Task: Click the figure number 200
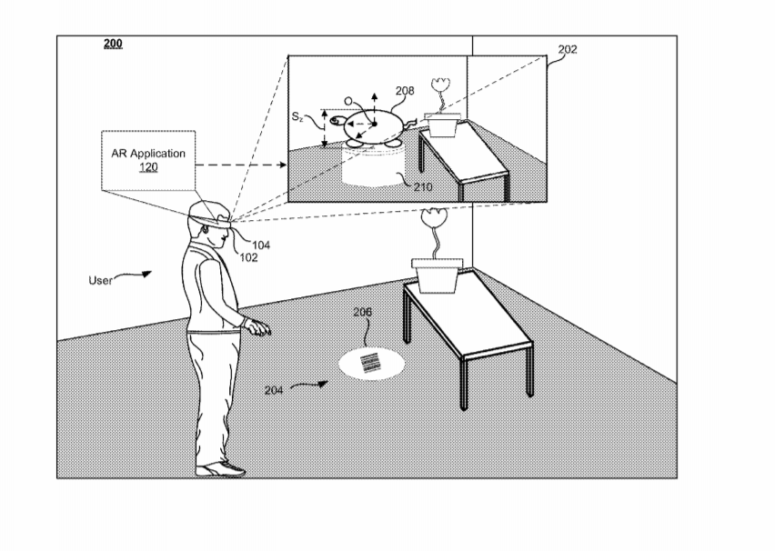tap(113, 44)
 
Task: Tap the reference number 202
tap(568, 49)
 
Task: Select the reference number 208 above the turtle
tap(405, 90)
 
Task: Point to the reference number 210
tap(423, 186)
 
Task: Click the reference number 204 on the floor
tap(274, 390)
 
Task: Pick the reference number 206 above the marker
tap(362, 312)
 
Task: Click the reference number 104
tap(261, 245)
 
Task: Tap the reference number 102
tap(248, 257)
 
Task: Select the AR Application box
tap(148, 161)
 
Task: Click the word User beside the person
tap(100, 281)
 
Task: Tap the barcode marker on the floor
tap(371, 363)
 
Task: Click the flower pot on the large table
tap(438, 275)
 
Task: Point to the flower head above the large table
tap(435, 217)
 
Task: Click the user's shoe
tap(220, 469)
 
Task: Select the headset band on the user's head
tap(210, 220)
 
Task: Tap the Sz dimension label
tap(297, 116)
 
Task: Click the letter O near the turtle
tap(348, 101)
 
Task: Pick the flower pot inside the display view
tap(443, 124)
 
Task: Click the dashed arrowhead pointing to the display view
tap(282, 165)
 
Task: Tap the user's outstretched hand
tap(258, 327)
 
